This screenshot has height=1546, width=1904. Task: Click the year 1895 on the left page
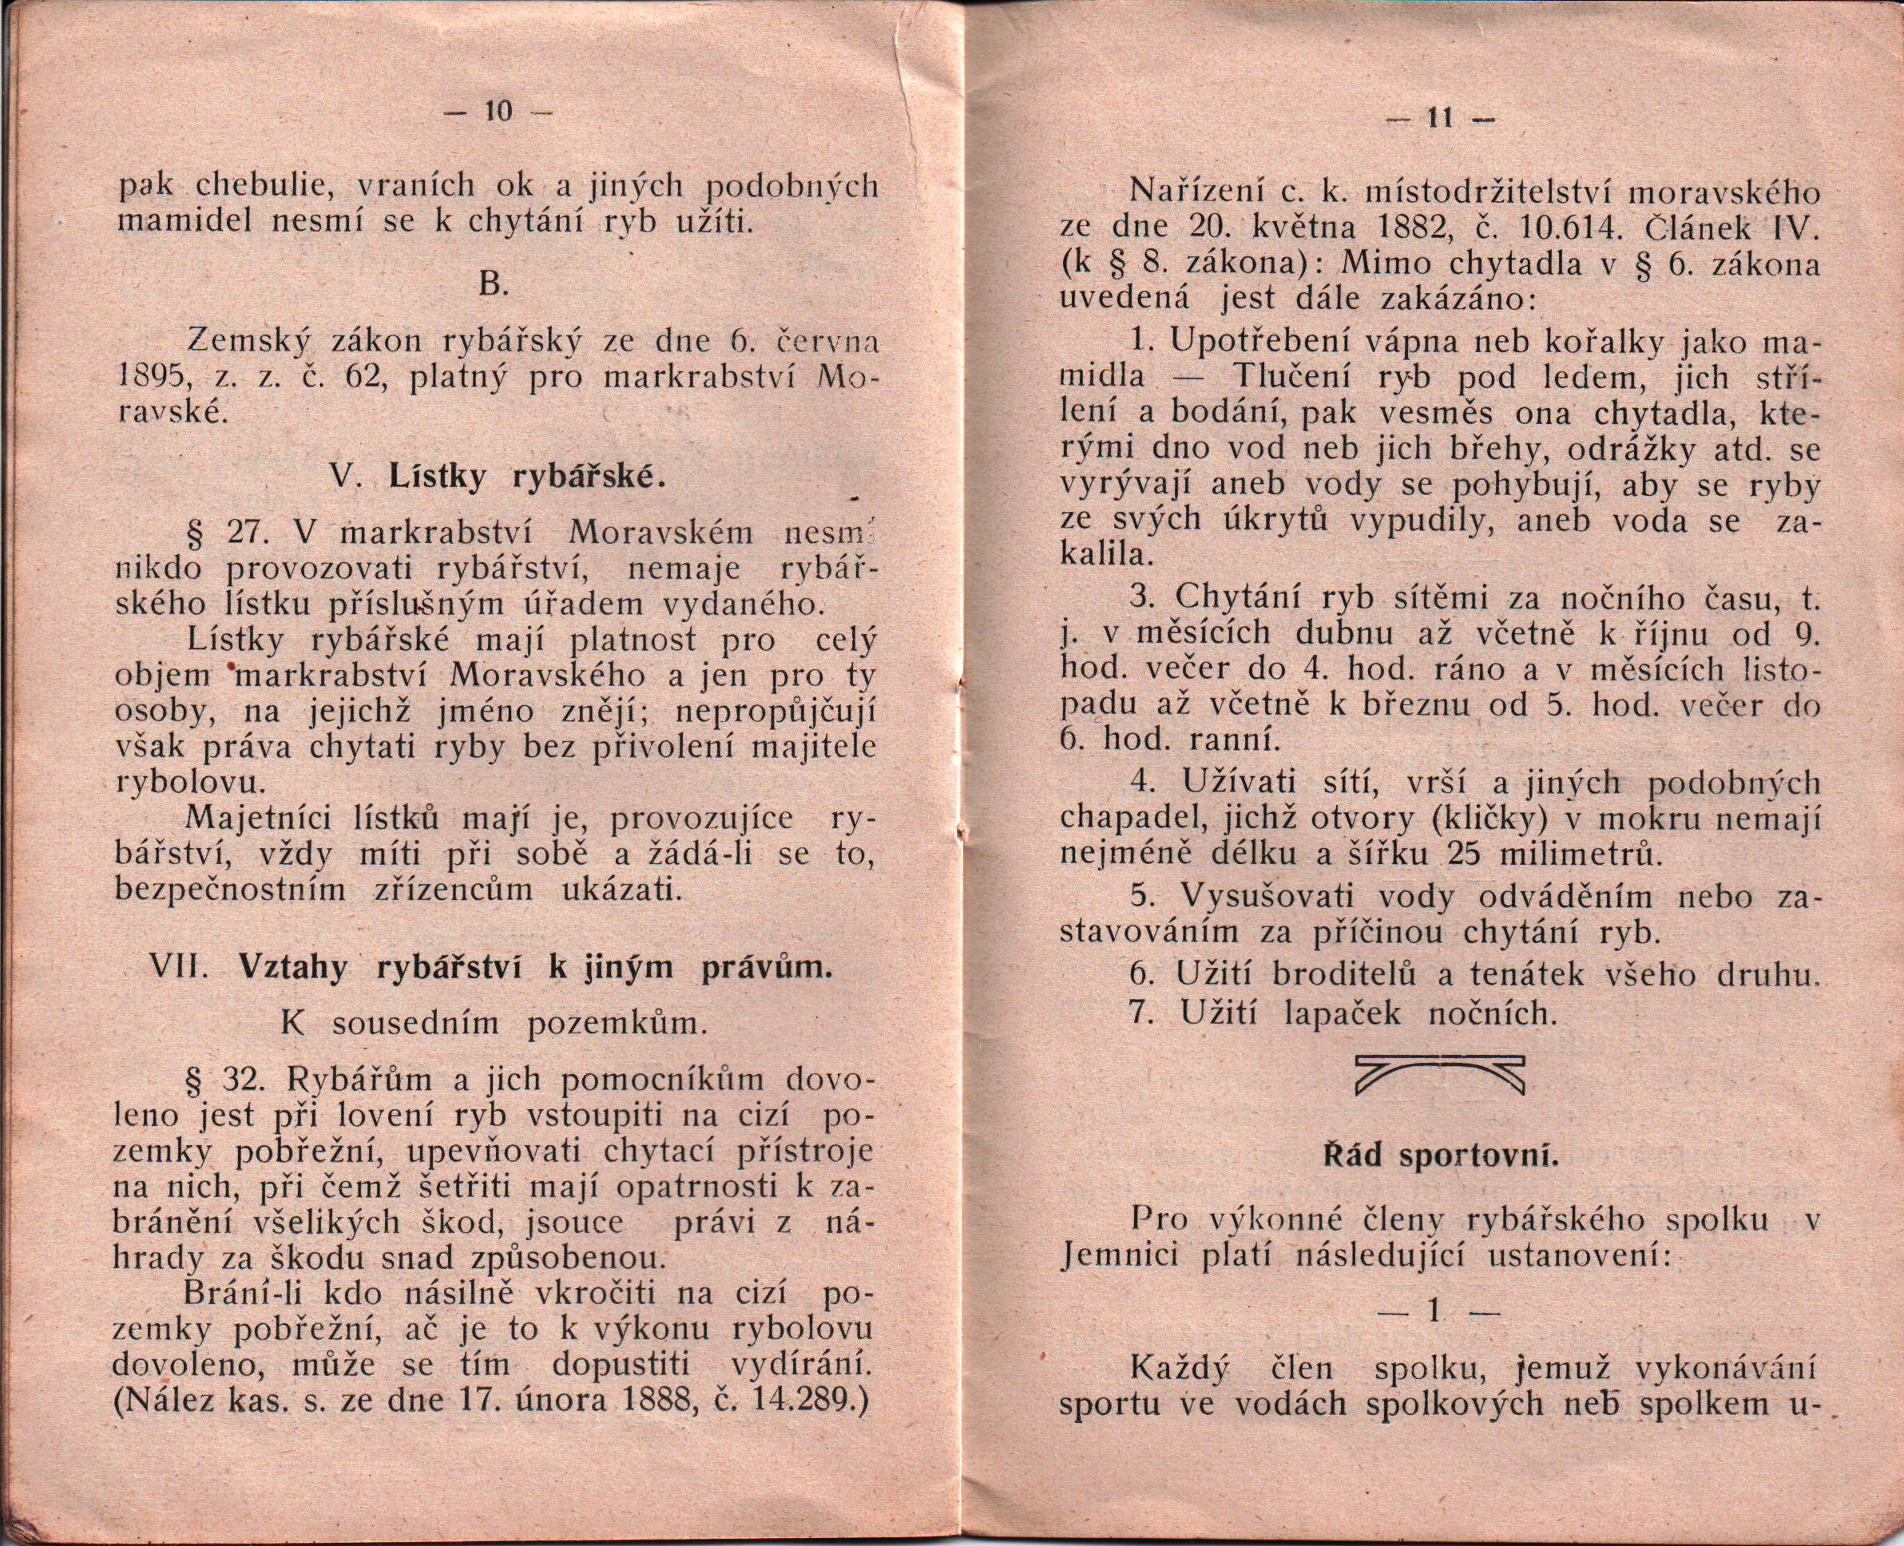[153, 379]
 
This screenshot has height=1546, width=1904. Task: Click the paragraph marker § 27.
[223, 533]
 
